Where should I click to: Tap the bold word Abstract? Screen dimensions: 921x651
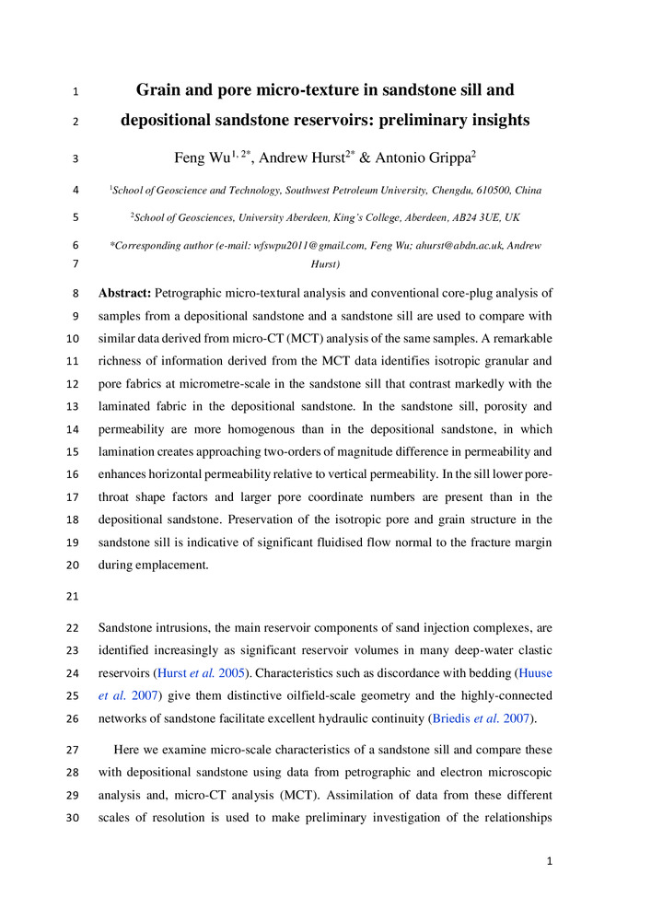(125, 294)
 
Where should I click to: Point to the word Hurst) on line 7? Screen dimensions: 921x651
(326, 264)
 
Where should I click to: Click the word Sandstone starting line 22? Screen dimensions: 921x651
(129, 629)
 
